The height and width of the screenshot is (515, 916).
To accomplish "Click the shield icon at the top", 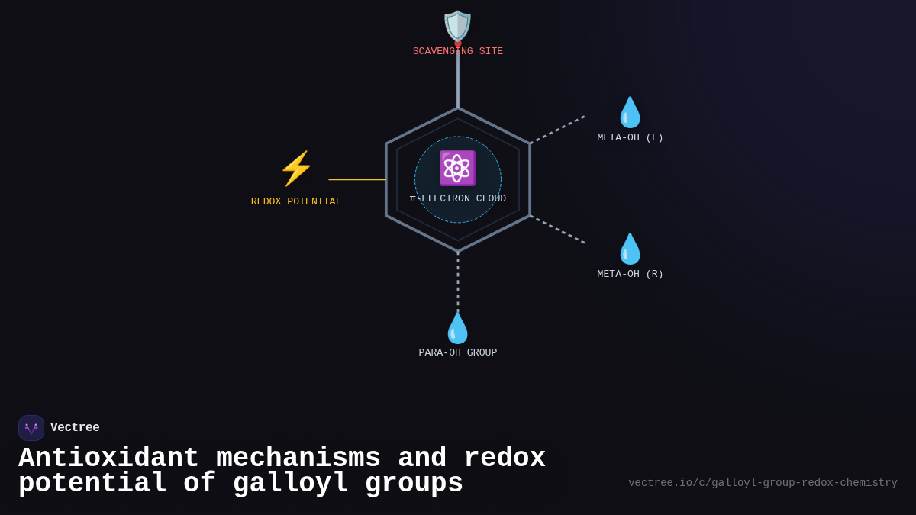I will click(458, 26).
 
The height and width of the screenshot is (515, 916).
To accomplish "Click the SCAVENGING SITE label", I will click(458, 52).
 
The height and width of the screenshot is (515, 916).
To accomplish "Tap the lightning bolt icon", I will click(296, 169).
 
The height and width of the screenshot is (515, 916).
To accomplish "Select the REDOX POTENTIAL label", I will click(296, 202).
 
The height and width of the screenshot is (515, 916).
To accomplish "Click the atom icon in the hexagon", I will click(457, 169).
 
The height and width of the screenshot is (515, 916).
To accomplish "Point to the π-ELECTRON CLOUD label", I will click(458, 199).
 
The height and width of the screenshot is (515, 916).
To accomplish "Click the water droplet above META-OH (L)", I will click(631, 112).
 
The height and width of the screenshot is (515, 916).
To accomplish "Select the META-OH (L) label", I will click(631, 138).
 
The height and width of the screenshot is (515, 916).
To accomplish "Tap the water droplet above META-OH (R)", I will click(631, 249).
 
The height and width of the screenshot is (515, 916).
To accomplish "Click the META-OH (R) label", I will click(631, 275).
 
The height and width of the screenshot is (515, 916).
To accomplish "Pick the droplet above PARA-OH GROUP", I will click(458, 328).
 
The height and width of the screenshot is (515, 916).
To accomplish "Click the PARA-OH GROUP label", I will click(458, 353).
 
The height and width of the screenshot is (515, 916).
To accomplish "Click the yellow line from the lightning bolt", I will click(357, 180).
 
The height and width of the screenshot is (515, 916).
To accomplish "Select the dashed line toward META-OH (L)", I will click(558, 129).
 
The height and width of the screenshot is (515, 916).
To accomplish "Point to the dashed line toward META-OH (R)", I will click(558, 230).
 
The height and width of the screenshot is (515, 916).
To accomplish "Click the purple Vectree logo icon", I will click(31, 428).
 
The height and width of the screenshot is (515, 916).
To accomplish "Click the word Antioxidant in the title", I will click(108, 459).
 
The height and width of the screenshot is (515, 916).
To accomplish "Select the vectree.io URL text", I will click(763, 483).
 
